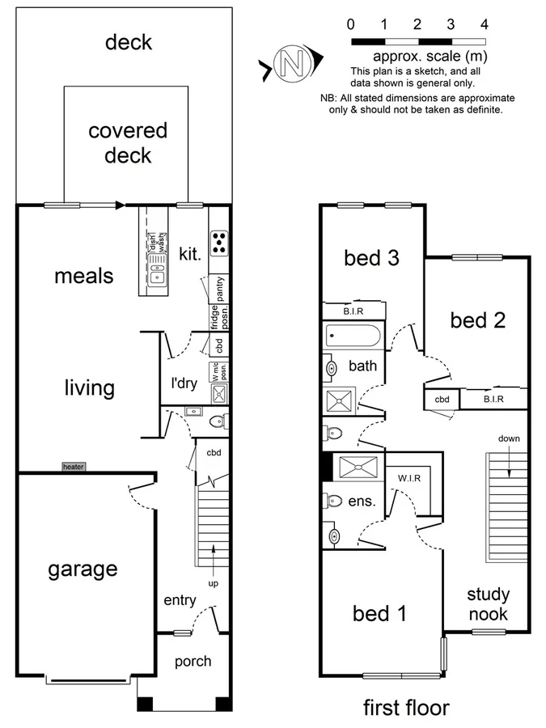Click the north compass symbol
click(x=292, y=63)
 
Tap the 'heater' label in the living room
click(x=73, y=467)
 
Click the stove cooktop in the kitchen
click(x=219, y=240)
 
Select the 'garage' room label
click(x=82, y=569)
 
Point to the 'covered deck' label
click(x=128, y=142)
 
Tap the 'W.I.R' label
click(x=409, y=477)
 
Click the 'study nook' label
click(x=488, y=604)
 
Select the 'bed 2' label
click(x=478, y=320)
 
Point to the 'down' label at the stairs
click(x=509, y=439)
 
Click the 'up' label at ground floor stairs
click(x=214, y=583)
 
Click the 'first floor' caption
click(x=405, y=708)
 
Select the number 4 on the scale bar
click(x=484, y=24)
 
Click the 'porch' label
click(x=193, y=661)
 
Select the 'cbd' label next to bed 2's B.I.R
click(x=442, y=400)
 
